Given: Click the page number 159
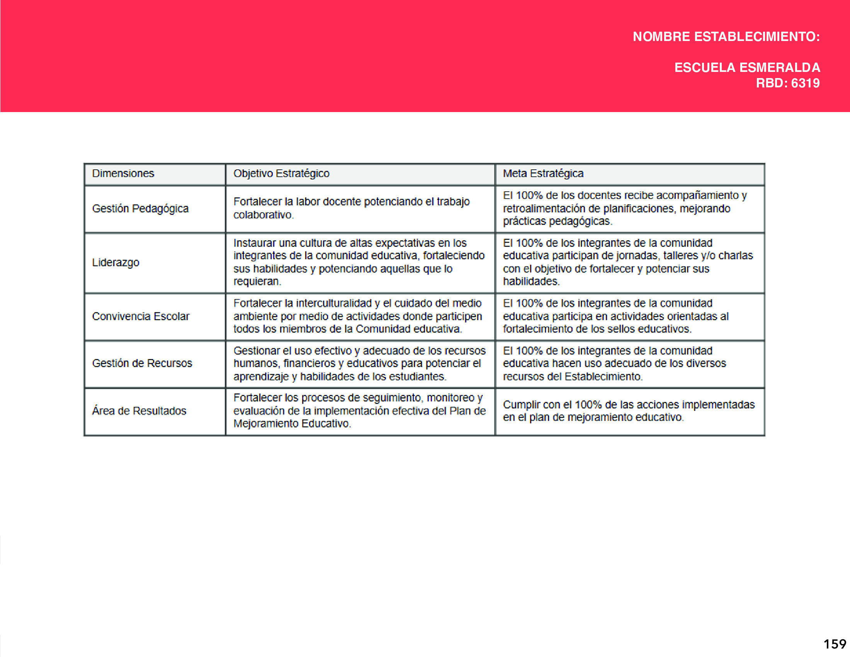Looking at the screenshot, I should (x=835, y=644).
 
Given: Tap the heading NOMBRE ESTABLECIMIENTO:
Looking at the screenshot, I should (x=726, y=37).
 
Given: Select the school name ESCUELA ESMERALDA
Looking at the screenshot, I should (x=747, y=68).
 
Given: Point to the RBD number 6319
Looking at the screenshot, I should (x=805, y=83).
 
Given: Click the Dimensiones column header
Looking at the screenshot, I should (x=123, y=174).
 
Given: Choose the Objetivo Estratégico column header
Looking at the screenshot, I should (x=281, y=174).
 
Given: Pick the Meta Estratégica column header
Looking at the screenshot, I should (x=543, y=174).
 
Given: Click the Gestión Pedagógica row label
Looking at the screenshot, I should (x=140, y=209).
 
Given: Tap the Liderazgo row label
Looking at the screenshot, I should (x=116, y=262).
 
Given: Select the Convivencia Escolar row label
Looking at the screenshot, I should (x=141, y=317).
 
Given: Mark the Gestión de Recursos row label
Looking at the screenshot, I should (x=142, y=364).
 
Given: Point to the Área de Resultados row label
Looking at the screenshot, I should (x=139, y=411).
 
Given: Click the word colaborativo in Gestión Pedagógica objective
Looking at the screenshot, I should (x=263, y=215).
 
